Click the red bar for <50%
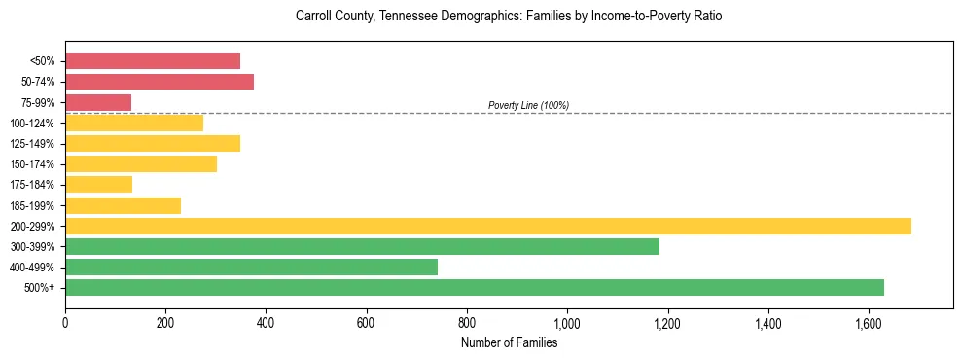(x=153, y=61)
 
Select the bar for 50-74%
(x=160, y=82)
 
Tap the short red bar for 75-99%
(x=98, y=102)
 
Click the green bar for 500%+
(x=475, y=287)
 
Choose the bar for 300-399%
(x=362, y=246)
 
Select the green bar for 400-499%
(x=251, y=267)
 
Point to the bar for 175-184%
(x=98, y=185)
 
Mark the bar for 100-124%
(x=134, y=123)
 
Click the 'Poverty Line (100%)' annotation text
(x=528, y=105)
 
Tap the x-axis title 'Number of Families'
(x=509, y=342)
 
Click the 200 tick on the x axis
(x=165, y=322)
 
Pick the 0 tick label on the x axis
(x=65, y=322)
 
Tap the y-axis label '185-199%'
(x=35, y=205)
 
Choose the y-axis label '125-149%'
(x=35, y=144)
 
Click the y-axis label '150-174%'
(x=35, y=164)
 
